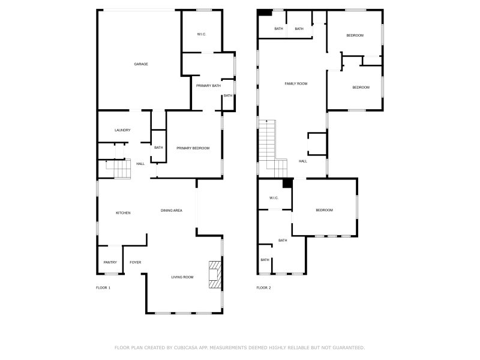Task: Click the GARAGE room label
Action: [x=141, y=64]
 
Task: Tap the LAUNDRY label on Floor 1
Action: [x=122, y=130]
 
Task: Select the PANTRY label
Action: [x=110, y=262]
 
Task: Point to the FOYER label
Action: [x=136, y=262]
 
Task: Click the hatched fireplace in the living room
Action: [x=215, y=275]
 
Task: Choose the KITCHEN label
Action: [x=123, y=213]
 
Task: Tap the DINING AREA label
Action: [x=172, y=211]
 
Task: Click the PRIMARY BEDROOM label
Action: [x=193, y=148]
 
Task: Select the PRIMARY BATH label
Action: [x=208, y=86]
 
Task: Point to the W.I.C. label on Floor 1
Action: [x=202, y=34]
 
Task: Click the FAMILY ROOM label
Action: [x=296, y=83]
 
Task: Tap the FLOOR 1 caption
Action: [x=103, y=288]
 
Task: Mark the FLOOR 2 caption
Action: [x=263, y=288]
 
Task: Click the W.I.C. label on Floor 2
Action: [x=274, y=198]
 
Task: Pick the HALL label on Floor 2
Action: [x=303, y=161]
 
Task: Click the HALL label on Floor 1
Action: [x=140, y=164]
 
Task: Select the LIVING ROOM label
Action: [x=182, y=277]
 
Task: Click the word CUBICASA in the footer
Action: [x=186, y=347]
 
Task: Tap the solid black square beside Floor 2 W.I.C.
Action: [x=287, y=183]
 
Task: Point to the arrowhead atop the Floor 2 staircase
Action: [x=267, y=122]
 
